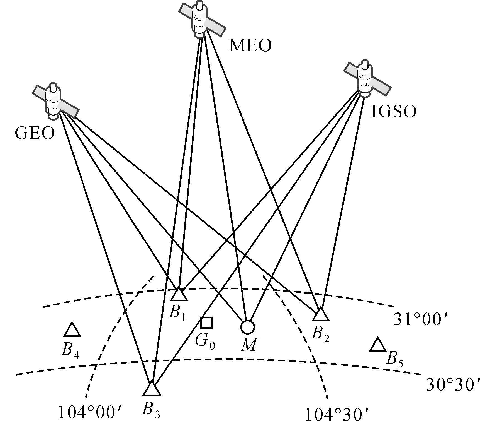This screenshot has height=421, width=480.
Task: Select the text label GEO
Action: (35, 133)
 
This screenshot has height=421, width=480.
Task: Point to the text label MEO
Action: (250, 45)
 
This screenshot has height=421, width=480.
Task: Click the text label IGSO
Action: (394, 112)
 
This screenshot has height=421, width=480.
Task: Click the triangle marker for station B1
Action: (179, 295)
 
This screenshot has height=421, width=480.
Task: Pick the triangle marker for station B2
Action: (321, 314)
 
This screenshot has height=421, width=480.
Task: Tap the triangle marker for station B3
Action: (152, 389)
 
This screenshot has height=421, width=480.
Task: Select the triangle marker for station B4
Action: (72, 330)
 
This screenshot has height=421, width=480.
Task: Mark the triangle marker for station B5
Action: (378, 345)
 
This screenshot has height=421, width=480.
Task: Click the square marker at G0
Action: (206, 323)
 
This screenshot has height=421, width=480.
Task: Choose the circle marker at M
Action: (247, 327)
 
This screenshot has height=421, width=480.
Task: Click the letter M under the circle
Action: (248, 345)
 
